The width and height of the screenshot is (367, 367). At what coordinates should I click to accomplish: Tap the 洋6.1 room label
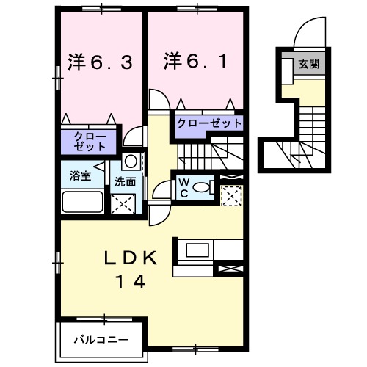pos(195,62)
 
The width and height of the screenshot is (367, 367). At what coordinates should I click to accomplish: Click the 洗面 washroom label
pos(124,181)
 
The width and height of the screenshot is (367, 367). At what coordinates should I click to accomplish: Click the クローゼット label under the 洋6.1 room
pos(208,123)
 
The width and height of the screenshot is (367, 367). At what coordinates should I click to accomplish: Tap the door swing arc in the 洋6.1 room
pos(156,101)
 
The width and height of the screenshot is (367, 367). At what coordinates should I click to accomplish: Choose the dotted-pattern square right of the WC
pos(232,195)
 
